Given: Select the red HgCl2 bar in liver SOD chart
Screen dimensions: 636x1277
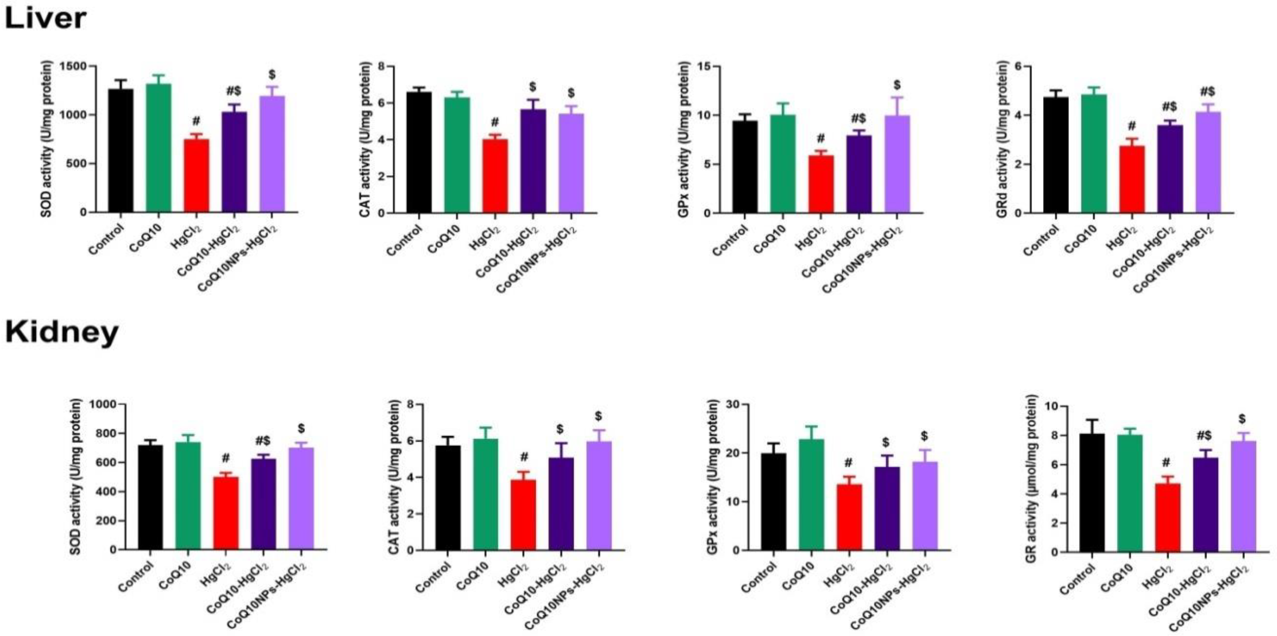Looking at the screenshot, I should [x=196, y=176].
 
